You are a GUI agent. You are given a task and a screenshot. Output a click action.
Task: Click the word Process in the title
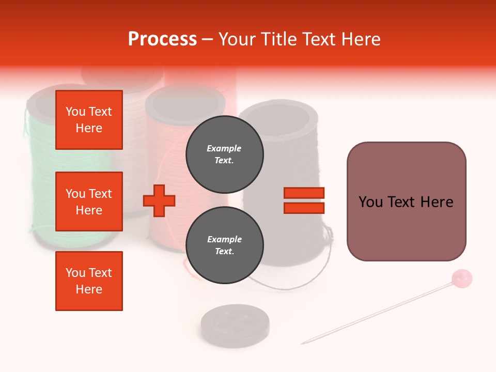click(162, 39)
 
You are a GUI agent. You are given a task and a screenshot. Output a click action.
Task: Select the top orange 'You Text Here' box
click(89, 120)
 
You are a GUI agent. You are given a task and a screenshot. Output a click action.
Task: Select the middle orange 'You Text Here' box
click(89, 202)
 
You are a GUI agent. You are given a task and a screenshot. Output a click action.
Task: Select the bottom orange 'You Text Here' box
click(89, 281)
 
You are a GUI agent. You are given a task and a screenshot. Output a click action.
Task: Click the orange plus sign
click(159, 200)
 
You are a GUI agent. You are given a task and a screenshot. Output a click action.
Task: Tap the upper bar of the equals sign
click(304, 193)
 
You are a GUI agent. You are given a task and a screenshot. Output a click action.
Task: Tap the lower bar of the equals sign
click(304, 208)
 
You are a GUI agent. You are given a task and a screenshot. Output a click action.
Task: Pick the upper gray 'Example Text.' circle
click(224, 154)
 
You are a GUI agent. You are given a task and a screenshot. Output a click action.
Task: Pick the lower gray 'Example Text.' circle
click(224, 245)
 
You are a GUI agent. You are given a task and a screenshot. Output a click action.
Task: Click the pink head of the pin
click(461, 278)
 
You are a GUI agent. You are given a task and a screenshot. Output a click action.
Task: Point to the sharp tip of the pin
click(303, 343)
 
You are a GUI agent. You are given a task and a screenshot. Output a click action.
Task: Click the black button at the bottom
click(228, 324)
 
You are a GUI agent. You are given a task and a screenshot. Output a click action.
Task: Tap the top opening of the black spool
click(280, 117)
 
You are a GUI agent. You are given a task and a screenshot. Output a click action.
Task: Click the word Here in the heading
click(360, 39)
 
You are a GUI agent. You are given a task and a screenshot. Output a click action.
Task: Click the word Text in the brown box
click(406, 202)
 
